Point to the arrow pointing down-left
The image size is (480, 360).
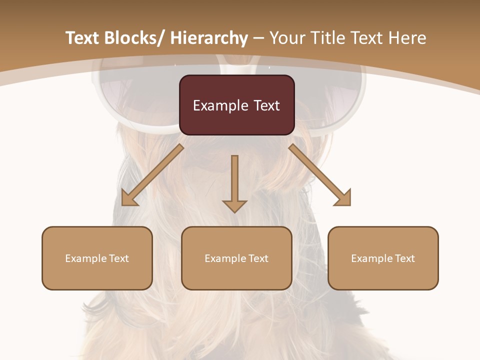152,175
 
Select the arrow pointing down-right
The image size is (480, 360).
320,175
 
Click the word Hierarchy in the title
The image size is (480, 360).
209,38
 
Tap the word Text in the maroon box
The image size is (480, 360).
266,105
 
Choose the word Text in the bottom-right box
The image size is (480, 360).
404,258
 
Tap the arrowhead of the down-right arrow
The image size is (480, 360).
342,198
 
